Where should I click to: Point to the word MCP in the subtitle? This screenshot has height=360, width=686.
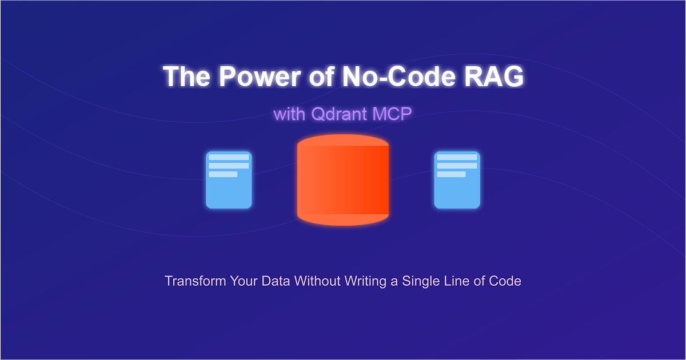pyautogui.click(x=392, y=113)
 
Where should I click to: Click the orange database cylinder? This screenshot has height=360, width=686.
pyautogui.click(x=343, y=183)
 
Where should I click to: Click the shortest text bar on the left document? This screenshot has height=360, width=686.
pyautogui.click(x=223, y=174)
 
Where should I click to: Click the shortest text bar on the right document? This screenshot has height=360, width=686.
pyautogui.click(x=451, y=174)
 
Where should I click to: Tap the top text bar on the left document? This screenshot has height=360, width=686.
pyautogui.click(x=229, y=157)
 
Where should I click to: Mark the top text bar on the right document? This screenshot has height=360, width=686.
pyautogui.click(x=457, y=157)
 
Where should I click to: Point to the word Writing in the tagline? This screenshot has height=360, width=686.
pyautogui.click(x=360, y=281)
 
